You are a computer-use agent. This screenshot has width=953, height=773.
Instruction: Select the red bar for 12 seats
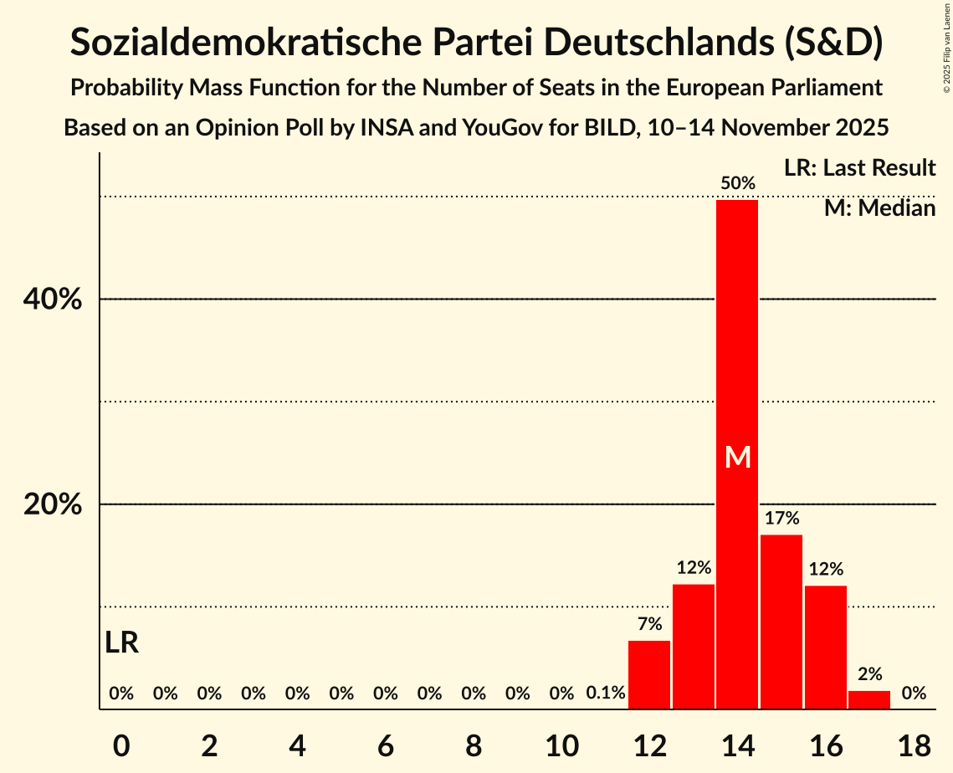click(x=649, y=675)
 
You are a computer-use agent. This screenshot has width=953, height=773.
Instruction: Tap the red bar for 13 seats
click(x=694, y=647)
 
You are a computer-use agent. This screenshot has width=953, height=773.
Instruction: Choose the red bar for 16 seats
click(x=826, y=648)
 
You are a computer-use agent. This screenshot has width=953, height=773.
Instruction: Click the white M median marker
click(x=738, y=458)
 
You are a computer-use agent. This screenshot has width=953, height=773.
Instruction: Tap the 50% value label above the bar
click(x=738, y=183)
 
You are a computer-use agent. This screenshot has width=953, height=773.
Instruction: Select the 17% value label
click(x=781, y=519)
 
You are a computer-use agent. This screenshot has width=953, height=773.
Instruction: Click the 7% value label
click(x=649, y=624)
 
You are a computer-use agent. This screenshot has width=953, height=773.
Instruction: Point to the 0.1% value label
click(x=606, y=694)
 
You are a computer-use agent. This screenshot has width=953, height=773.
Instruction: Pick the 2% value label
click(x=869, y=674)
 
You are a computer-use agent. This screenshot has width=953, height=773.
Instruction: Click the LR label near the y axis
click(x=122, y=643)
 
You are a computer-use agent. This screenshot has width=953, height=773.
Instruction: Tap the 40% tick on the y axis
click(x=56, y=299)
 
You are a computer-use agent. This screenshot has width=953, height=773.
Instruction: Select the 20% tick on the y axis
click(x=56, y=504)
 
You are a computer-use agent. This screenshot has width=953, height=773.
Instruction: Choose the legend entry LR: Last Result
click(x=859, y=168)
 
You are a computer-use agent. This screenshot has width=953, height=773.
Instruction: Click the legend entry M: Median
click(x=879, y=208)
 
